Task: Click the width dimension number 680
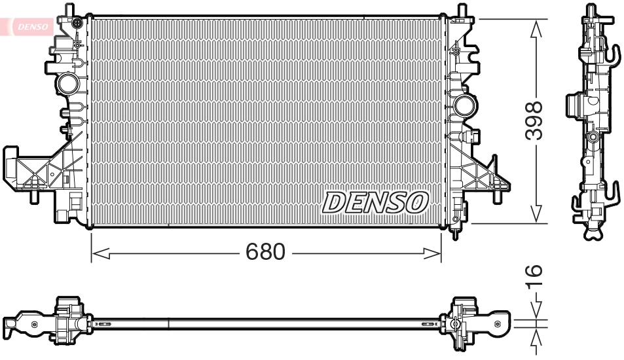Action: pos(266,251)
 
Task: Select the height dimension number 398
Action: pos(536,120)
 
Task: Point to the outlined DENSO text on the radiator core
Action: pos(375,203)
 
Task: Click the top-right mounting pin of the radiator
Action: pos(464,10)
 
